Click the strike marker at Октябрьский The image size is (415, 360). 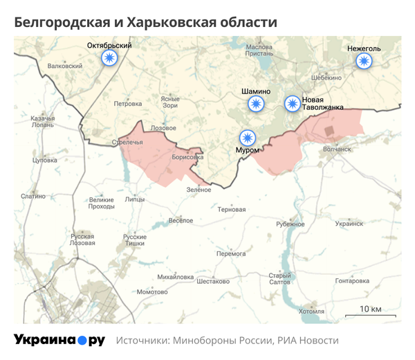point(109,59)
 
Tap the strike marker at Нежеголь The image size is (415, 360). point(364,62)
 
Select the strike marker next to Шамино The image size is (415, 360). point(256,105)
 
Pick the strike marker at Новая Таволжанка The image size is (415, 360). point(293,104)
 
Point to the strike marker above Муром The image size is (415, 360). point(247,136)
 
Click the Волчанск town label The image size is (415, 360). point(338,148)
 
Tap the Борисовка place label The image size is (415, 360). point(187,158)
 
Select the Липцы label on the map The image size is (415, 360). point(135,199)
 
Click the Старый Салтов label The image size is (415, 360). point(279,279)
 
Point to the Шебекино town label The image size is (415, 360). point(327,78)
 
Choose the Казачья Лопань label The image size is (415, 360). point(43,122)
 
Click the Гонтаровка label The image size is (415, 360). point(353,281)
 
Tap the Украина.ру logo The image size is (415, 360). point(59,340)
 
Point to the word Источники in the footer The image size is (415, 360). point(142,341)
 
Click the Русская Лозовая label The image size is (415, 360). point(82,240)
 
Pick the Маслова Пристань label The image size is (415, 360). point(259,49)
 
